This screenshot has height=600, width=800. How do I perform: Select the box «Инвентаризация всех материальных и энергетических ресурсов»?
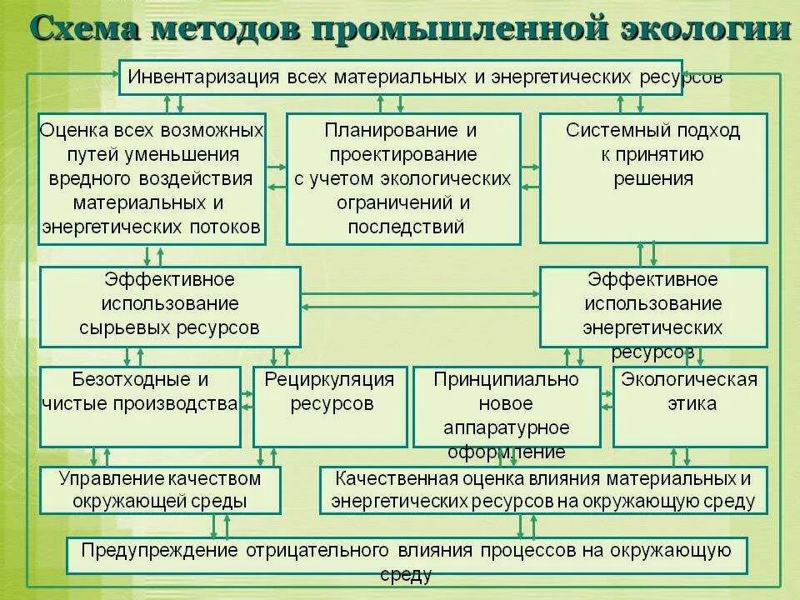400,77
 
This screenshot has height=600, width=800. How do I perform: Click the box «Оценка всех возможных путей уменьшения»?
152,178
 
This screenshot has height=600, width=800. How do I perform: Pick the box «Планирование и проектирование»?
403,178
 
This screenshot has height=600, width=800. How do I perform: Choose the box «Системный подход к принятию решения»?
652,178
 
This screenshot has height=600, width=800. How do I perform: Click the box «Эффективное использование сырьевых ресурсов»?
170,306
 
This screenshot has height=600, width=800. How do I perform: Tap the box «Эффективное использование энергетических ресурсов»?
652,306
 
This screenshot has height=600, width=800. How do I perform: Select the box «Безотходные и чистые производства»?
139,406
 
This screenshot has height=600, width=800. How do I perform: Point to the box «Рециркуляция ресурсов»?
329,406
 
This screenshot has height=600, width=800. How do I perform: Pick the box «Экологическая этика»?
690,406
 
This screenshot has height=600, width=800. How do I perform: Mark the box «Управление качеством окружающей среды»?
160,490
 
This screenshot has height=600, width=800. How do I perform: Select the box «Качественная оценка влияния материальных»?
542,490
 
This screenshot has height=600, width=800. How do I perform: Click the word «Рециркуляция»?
329,381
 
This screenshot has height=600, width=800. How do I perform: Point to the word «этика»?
690,405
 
